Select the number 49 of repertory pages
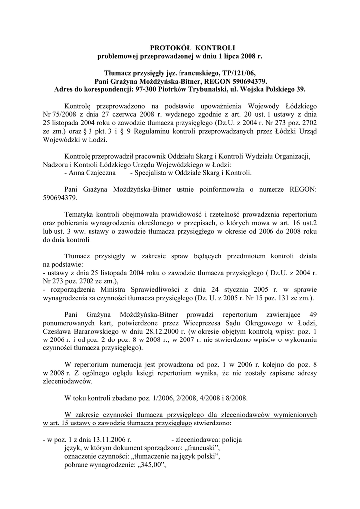(x=313, y=314)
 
